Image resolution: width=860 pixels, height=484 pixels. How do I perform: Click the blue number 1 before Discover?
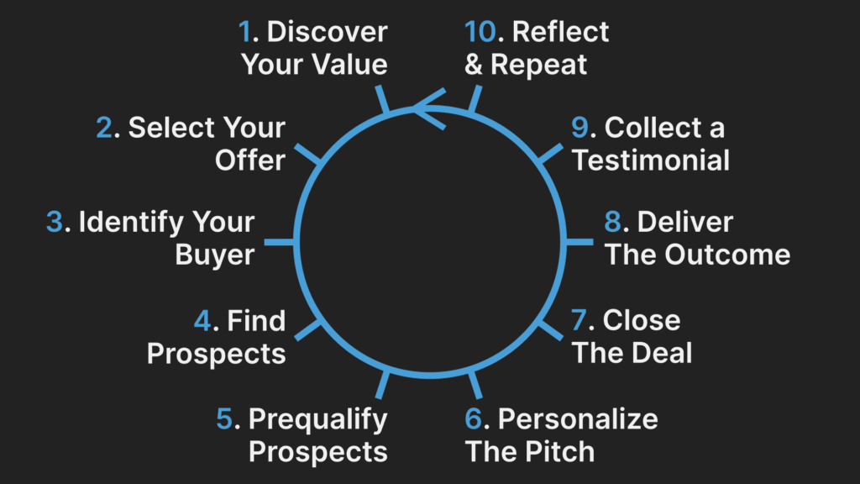[244, 33]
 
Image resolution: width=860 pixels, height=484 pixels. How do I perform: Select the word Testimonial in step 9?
[651, 160]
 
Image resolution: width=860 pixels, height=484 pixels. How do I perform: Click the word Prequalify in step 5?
[317, 418]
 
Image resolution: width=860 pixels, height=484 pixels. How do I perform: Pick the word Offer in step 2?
[250, 160]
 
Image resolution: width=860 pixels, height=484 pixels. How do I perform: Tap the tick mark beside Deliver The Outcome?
[580, 242]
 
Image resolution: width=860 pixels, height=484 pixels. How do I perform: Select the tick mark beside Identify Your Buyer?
[281, 242]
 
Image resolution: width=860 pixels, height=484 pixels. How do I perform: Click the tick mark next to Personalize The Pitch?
[475, 385]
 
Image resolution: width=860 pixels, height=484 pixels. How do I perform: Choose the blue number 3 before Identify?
[55, 223]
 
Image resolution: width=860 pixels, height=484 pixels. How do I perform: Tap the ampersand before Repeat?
[474, 65]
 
